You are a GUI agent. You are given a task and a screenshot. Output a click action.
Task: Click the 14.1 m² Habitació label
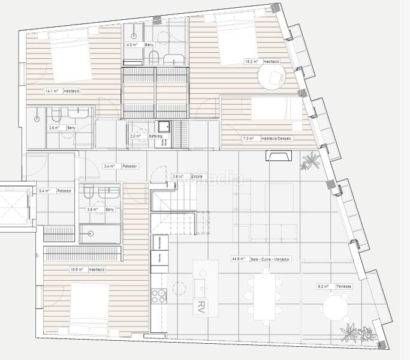[62, 91]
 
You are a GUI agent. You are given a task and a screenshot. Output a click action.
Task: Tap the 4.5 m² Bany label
[138, 45]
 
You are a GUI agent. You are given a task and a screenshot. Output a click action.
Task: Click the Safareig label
[147, 136]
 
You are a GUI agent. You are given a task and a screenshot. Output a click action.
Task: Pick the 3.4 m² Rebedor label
[120, 166]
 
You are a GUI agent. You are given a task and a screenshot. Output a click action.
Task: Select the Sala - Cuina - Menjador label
[261, 259]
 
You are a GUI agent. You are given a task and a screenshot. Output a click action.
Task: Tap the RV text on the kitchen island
[200, 307]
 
